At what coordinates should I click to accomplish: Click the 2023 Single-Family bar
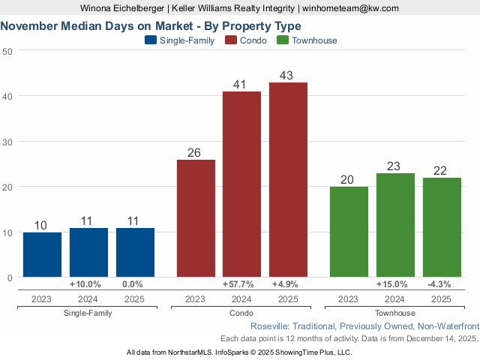[42, 255]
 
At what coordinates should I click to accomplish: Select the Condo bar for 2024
[241, 184]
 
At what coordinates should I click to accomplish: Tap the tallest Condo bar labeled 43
[288, 180]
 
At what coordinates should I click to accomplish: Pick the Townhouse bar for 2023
[349, 232]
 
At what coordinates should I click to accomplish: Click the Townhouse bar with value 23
[395, 225]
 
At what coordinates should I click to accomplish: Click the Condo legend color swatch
[230, 40]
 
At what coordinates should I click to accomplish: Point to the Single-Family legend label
[186, 40]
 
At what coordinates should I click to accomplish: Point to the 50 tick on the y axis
[7, 51]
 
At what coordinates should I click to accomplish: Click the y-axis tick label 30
[7, 142]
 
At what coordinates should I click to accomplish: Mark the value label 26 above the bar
[194, 153]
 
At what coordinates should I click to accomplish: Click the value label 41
[241, 85]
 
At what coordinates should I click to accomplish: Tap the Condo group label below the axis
[241, 313]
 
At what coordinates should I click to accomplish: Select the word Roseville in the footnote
[271, 327]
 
